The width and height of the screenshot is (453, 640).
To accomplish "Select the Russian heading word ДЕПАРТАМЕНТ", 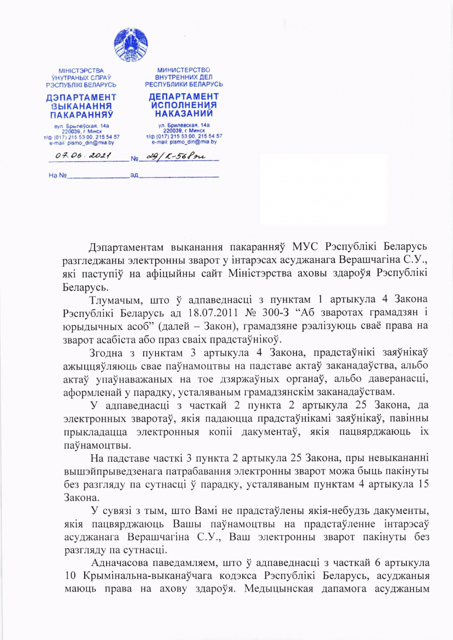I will point(184,96).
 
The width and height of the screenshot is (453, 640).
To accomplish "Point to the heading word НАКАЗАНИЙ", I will point(184,113).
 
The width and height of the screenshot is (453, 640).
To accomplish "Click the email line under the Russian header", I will point(184,141).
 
